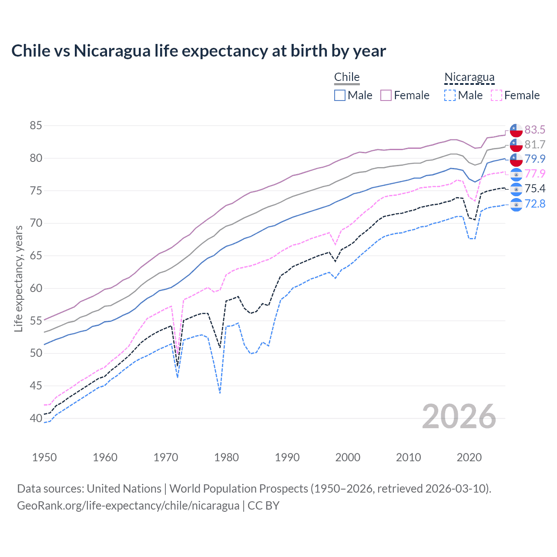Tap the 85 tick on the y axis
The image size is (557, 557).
(x=36, y=126)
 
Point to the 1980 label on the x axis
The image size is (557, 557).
(x=226, y=457)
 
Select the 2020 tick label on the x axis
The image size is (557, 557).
(x=469, y=457)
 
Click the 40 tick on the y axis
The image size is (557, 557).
(x=36, y=418)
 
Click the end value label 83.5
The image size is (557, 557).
(x=535, y=130)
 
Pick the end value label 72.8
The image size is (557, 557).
(x=535, y=204)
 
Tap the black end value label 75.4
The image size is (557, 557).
(x=535, y=188)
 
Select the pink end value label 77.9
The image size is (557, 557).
(x=535, y=174)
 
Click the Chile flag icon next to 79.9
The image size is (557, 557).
(x=516, y=159)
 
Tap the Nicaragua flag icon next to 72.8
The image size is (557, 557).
(x=516, y=204)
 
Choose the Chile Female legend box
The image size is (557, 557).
(x=386, y=95)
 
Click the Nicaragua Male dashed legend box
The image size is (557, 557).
(x=450, y=95)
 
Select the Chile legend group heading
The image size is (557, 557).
(x=347, y=77)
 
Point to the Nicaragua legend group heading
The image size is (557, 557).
(x=469, y=77)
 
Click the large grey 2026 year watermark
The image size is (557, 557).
(x=459, y=416)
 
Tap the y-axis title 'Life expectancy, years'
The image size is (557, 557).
(x=18, y=278)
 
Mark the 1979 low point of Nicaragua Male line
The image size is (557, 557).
(x=220, y=393)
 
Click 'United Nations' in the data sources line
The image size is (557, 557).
(x=124, y=489)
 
